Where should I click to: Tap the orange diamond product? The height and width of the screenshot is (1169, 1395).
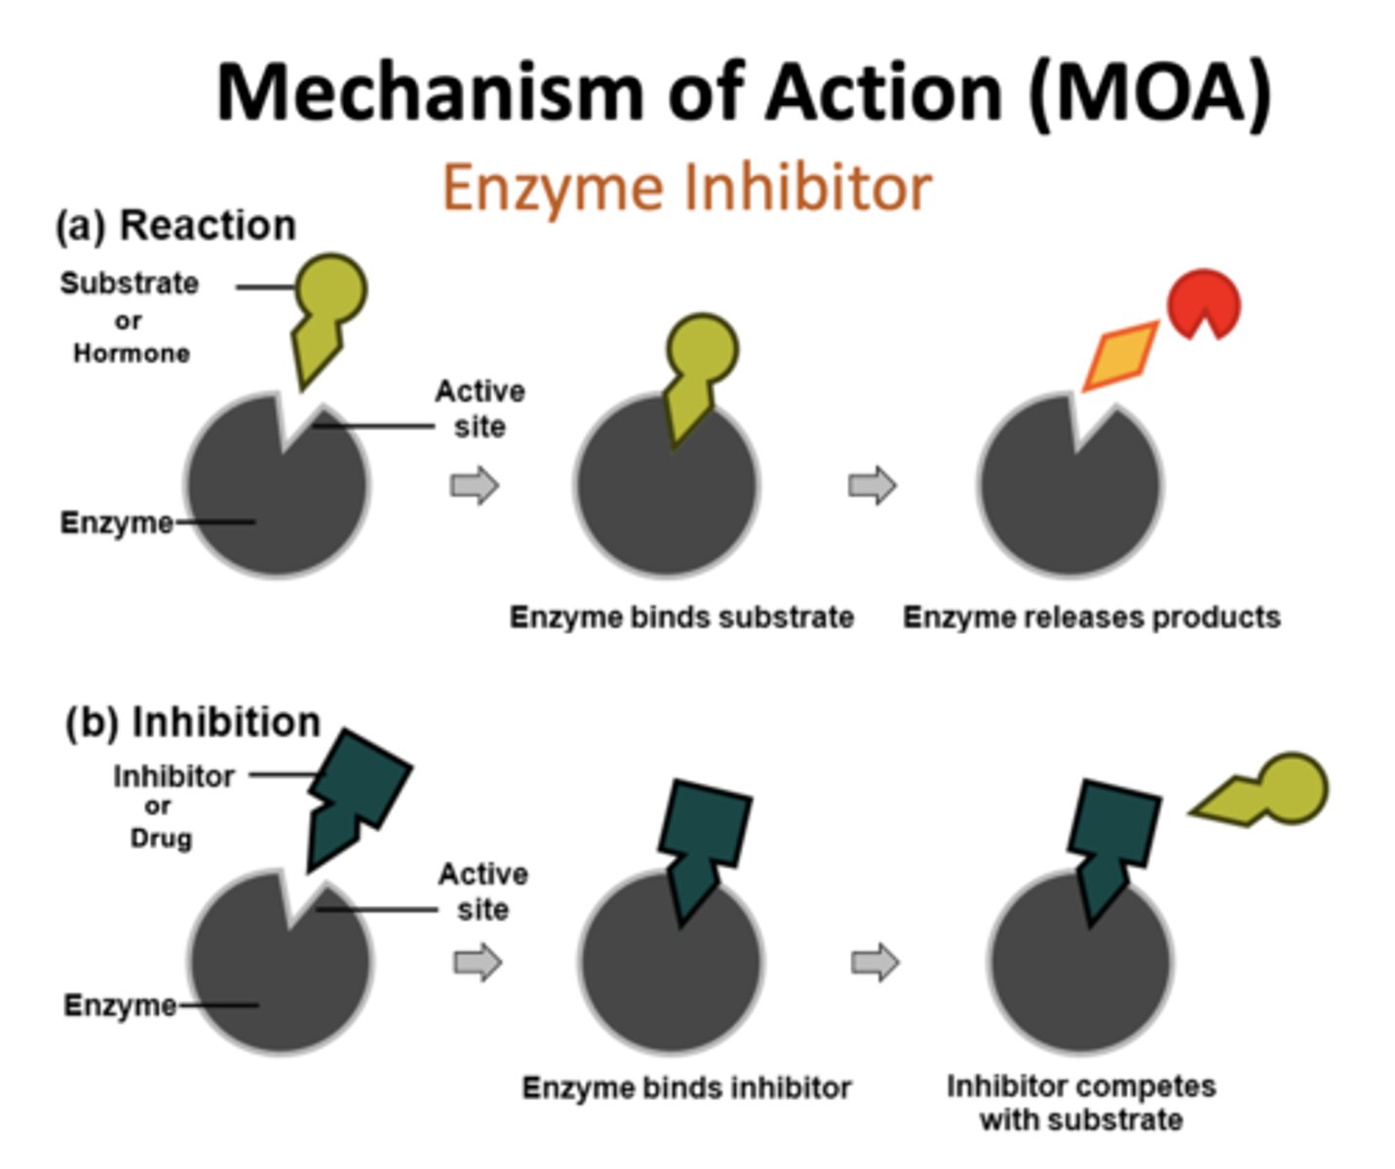[1122, 358]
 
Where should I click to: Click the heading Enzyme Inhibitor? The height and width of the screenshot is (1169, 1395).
[687, 187]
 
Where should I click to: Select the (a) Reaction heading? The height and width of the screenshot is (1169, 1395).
[176, 225]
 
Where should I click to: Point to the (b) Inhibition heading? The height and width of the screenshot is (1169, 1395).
[193, 722]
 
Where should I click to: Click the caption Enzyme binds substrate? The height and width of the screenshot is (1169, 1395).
[681, 617]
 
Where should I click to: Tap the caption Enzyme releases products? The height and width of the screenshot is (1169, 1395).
[1091, 617]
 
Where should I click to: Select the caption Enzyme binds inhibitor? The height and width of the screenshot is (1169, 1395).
[686, 1087]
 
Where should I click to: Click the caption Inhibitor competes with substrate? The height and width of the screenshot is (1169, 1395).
[1081, 1103]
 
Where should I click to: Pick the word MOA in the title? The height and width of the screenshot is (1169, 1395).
[1150, 93]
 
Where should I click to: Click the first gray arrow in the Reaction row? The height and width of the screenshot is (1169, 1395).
[475, 485]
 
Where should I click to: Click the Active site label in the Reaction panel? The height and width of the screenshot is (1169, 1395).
[480, 408]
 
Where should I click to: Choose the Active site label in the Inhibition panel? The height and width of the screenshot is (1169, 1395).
[483, 891]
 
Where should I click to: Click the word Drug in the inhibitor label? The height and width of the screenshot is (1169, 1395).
[161, 838]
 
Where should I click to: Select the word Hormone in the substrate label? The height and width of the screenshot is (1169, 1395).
[132, 353]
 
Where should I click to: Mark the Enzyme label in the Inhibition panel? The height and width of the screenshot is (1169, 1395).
[119, 1004]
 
